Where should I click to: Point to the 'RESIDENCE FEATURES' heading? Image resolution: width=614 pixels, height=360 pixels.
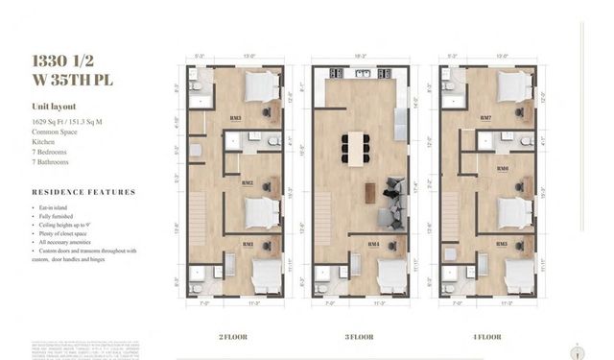tap(83, 192)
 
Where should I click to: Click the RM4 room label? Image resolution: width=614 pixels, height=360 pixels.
tap(372, 244)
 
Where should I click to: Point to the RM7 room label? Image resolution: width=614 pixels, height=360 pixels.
tap(485, 118)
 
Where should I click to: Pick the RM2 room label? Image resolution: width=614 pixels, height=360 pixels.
tap(248, 182)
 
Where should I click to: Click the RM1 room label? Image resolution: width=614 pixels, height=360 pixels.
tap(248, 244)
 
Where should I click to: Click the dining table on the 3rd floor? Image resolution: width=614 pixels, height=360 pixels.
tap(356, 148)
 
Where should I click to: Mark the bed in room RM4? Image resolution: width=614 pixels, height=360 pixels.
tap(389, 276)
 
